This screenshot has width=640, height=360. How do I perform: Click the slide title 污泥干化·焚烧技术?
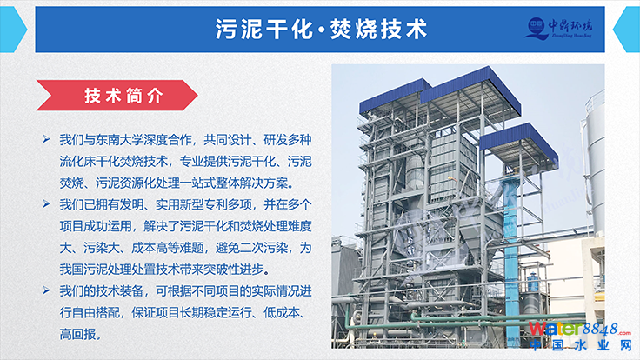(321, 30)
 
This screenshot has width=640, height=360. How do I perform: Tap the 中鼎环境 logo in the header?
(558, 29)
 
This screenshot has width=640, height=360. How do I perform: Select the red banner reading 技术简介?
(117, 96)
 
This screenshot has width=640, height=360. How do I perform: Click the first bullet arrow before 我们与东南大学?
(47, 140)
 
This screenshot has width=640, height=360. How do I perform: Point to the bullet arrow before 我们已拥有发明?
(47, 203)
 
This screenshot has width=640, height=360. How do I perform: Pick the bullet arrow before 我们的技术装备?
(47, 290)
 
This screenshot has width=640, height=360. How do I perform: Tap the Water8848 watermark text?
(580, 329)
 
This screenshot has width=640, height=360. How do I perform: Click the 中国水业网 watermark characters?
(580, 345)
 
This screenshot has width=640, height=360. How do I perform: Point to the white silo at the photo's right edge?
(594, 163)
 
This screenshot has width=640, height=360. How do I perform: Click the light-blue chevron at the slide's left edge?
(12, 30)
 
